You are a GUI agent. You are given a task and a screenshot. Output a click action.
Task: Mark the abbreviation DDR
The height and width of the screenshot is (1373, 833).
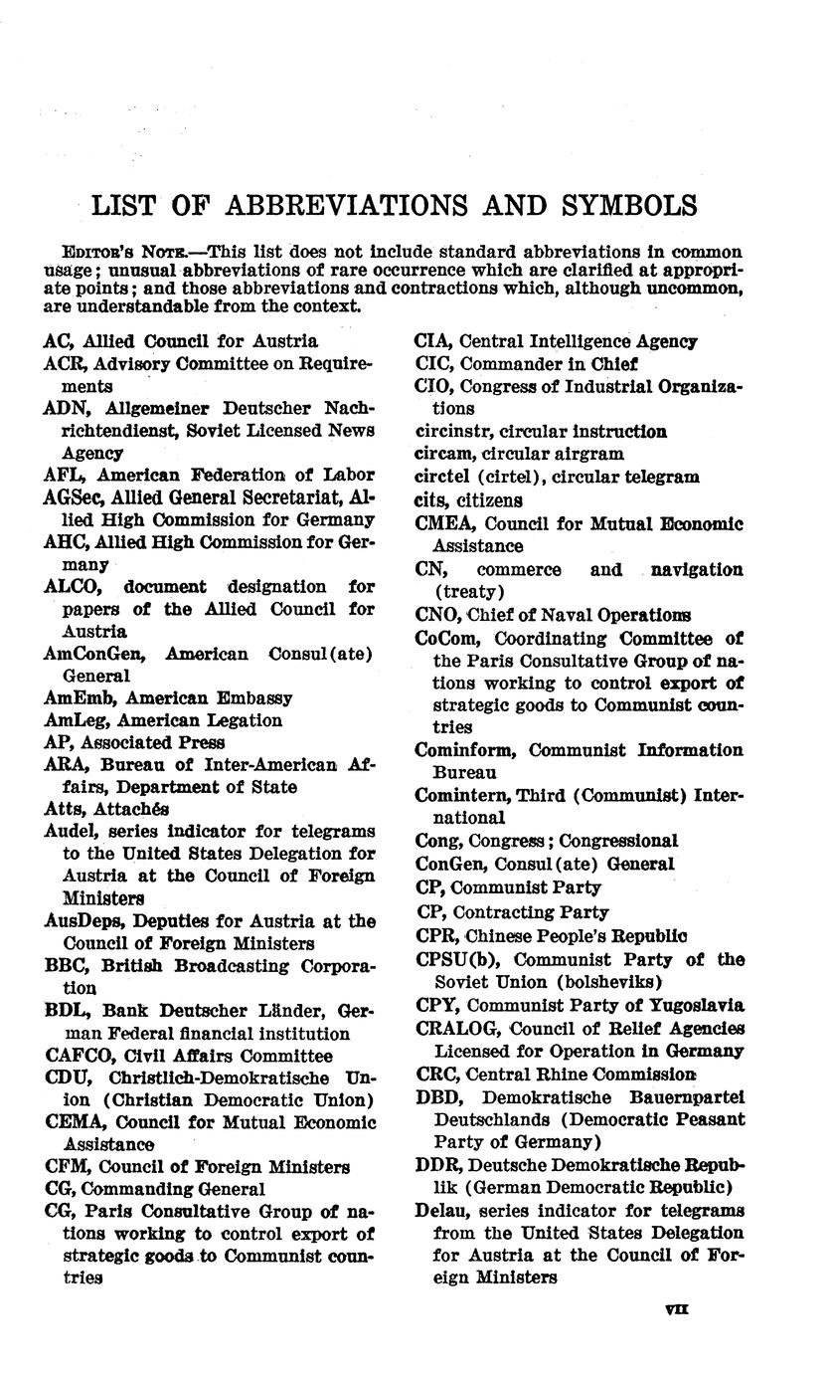pos(436,1165)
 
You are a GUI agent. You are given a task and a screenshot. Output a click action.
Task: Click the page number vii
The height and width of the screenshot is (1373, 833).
pos(677,1311)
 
